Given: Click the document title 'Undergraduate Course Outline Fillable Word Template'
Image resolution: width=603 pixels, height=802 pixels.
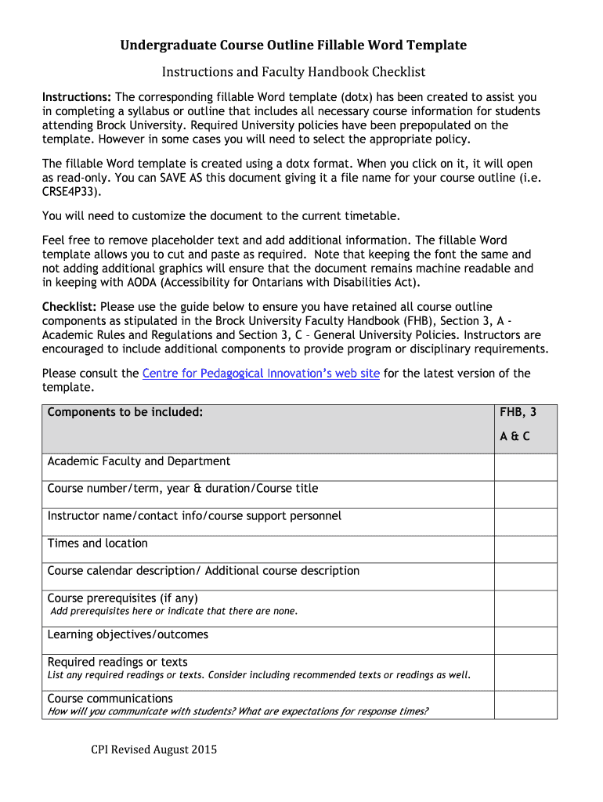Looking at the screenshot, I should click(293, 45).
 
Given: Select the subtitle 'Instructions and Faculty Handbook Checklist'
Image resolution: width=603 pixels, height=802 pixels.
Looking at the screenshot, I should click(293, 72).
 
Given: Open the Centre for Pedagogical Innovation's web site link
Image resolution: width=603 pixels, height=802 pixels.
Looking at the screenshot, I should click(261, 374).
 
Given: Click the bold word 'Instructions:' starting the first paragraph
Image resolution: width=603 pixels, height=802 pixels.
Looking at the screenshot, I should click(77, 97).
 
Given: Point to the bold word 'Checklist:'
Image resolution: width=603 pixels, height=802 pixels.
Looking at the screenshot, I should click(69, 307).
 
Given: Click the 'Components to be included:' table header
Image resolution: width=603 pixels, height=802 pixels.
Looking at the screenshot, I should click(125, 412).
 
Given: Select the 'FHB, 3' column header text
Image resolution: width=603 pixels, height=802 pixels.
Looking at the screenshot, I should click(518, 412).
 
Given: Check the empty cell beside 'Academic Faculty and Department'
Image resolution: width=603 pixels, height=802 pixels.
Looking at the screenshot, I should click(525, 467).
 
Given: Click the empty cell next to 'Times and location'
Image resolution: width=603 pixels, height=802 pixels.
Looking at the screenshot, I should click(525, 549).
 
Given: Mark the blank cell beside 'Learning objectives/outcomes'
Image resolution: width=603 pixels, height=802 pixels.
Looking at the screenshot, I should click(525, 641).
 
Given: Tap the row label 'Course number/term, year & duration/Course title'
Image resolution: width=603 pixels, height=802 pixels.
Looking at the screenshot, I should click(182, 489).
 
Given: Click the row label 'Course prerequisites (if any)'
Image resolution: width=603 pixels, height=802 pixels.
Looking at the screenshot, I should click(123, 598).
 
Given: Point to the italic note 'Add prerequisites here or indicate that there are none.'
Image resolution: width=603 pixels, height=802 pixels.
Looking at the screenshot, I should click(174, 612).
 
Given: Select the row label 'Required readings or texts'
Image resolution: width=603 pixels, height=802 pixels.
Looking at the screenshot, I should click(117, 662).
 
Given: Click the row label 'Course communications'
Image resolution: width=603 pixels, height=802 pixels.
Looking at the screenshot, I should click(110, 699).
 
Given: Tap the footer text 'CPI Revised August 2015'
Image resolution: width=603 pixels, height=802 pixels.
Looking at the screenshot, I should click(153, 750).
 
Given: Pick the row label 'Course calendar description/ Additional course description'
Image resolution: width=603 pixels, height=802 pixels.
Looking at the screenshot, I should click(204, 571).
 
